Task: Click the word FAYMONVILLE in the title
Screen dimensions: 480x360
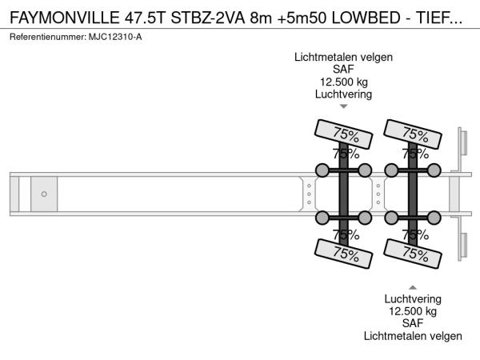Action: tap(65, 18)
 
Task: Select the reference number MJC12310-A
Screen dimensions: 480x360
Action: tap(115, 37)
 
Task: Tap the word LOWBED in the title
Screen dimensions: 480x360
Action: tap(366, 18)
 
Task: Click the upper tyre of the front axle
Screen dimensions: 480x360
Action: tap(343, 134)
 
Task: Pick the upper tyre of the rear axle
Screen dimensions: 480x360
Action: tap(413, 134)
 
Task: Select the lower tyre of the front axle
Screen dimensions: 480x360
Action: tap(343, 254)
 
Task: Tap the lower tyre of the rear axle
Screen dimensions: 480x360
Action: tap(413, 254)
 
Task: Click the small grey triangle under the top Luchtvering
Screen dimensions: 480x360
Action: tap(344, 106)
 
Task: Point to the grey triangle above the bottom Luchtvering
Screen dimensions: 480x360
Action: tap(413, 287)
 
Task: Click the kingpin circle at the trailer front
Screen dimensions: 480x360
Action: tap(44, 194)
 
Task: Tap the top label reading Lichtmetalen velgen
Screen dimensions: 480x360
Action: tap(343, 58)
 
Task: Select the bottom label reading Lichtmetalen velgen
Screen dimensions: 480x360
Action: tap(413, 336)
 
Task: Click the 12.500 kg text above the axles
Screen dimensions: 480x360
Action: tap(344, 82)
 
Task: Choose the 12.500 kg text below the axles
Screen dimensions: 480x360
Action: tap(413, 311)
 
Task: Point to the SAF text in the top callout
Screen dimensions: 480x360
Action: tap(343, 70)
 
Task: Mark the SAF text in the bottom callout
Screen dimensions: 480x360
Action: tap(413, 323)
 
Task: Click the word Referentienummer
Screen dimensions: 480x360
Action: tap(47, 37)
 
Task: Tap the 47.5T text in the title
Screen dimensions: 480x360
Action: tap(145, 18)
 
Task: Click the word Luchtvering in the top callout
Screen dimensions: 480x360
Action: tap(343, 94)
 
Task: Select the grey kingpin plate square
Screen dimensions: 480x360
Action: tap(44, 194)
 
